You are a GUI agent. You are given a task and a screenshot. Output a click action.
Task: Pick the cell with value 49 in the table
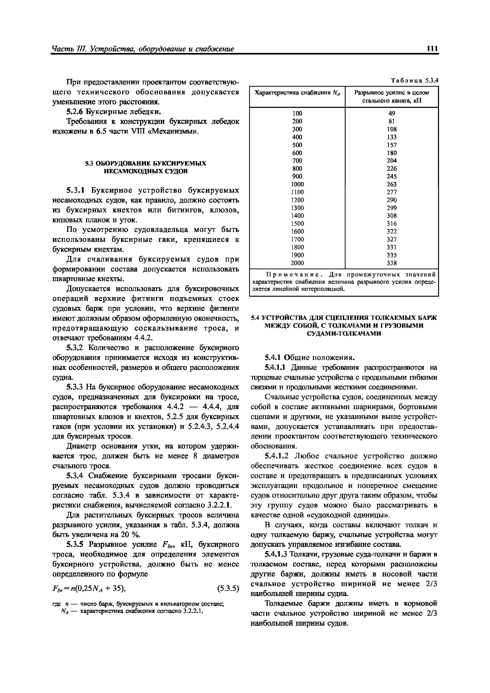(x=392, y=113)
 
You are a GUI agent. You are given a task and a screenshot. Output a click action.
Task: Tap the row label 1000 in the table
(x=297, y=184)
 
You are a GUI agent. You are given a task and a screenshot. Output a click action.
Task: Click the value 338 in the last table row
(x=392, y=263)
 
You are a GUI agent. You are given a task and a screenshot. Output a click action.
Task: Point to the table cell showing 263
(x=392, y=184)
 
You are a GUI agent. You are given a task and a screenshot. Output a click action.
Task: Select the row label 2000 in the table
(x=297, y=263)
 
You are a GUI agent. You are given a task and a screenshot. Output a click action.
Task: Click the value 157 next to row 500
(x=392, y=145)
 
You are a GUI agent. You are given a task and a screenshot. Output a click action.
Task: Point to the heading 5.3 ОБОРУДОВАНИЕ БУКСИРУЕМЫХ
(x=146, y=164)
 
